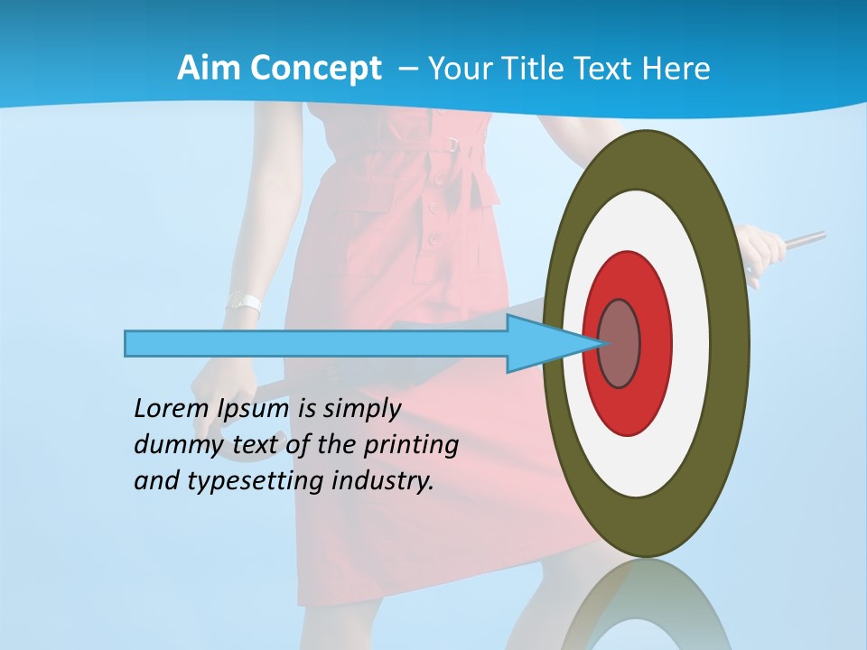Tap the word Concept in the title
315,69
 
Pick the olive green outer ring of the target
730,343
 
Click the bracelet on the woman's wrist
243,302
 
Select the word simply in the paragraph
362,410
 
